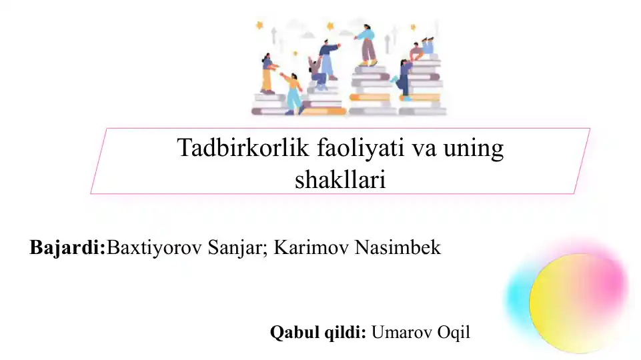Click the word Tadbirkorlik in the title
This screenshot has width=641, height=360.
click(x=243, y=147)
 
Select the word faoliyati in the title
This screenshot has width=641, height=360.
click(x=361, y=147)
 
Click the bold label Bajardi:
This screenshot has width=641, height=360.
click(x=67, y=247)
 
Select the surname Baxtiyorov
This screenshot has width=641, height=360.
click(x=154, y=247)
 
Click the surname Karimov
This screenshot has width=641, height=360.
click(x=311, y=247)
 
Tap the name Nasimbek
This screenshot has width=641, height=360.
click(x=398, y=247)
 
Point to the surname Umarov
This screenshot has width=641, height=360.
click(x=402, y=332)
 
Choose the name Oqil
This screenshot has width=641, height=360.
click(x=454, y=333)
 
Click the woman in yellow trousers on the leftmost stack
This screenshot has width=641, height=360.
click(x=267, y=74)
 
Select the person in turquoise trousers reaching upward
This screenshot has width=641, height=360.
click(x=292, y=93)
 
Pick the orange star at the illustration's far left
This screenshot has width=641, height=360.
click(x=259, y=25)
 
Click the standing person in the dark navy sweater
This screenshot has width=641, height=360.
click(x=329, y=59)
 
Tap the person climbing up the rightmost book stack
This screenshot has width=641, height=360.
click(x=404, y=80)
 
